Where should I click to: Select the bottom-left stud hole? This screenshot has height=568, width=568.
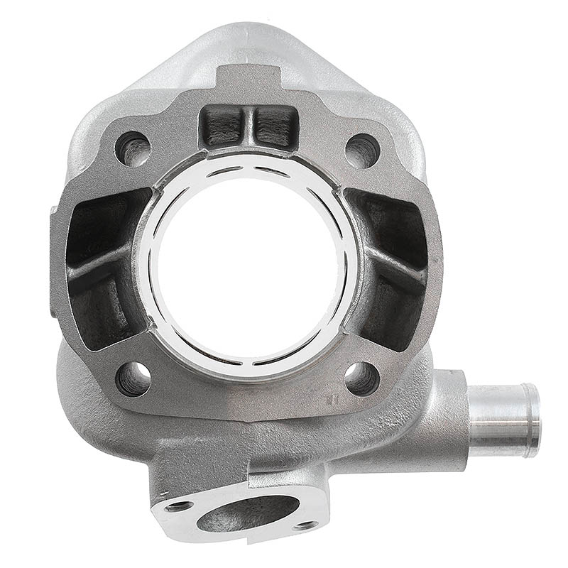[133, 378]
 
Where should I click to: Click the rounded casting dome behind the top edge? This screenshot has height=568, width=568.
[248, 35]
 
